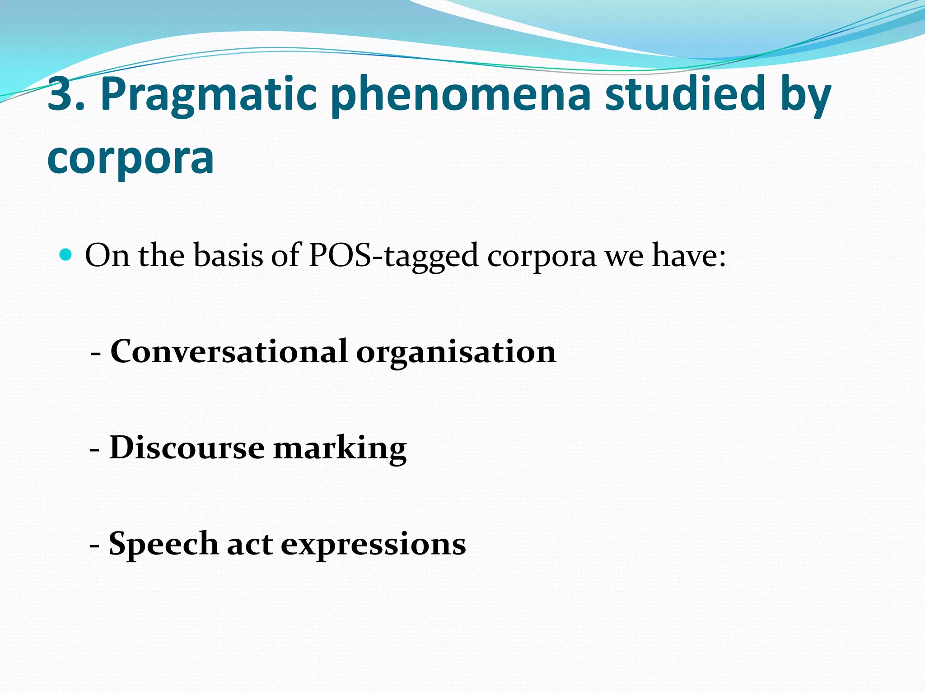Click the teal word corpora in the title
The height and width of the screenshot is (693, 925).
(131, 157)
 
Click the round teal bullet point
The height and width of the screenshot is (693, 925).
(66, 255)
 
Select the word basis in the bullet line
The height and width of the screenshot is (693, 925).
(228, 256)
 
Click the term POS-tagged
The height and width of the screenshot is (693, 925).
(393, 256)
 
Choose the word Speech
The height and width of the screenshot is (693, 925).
(164, 544)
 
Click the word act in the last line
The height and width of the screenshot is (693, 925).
(249, 544)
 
